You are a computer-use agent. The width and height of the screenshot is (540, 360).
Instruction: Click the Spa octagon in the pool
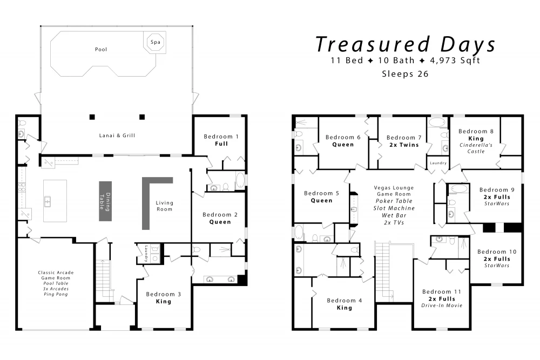tap(155, 42)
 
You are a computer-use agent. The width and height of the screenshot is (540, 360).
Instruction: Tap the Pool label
tap(101, 50)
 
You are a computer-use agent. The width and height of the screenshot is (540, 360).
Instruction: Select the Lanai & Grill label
tap(117, 135)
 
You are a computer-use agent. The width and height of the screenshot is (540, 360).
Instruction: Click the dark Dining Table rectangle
tap(105, 201)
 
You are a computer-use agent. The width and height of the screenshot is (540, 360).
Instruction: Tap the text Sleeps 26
tap(406, 74)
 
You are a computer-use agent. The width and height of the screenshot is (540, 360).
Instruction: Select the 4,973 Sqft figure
tap(455, 60)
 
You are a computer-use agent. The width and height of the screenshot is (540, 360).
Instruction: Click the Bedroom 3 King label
tap(163, 298)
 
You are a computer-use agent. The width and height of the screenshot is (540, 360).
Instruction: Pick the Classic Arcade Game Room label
tap(56, 275)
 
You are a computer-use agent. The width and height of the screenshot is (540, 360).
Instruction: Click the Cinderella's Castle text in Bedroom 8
tap(476, 148)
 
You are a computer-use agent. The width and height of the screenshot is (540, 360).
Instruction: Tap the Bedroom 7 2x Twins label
tap(404, 141)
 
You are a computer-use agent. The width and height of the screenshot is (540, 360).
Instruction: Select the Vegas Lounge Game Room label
tap(394, 191)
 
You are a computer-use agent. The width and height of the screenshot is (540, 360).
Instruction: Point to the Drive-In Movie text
tap(442, 305)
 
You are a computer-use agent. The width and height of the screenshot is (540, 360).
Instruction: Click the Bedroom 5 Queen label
tap(322, 197)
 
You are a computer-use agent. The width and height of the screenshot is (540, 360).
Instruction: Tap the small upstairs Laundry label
tap(438, 163)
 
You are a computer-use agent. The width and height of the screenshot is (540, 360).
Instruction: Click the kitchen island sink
tap(48, 201)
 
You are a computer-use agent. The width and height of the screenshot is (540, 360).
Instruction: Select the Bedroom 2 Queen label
tap(220, 218)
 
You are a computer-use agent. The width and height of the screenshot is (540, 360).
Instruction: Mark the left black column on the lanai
tap(92, 117)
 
